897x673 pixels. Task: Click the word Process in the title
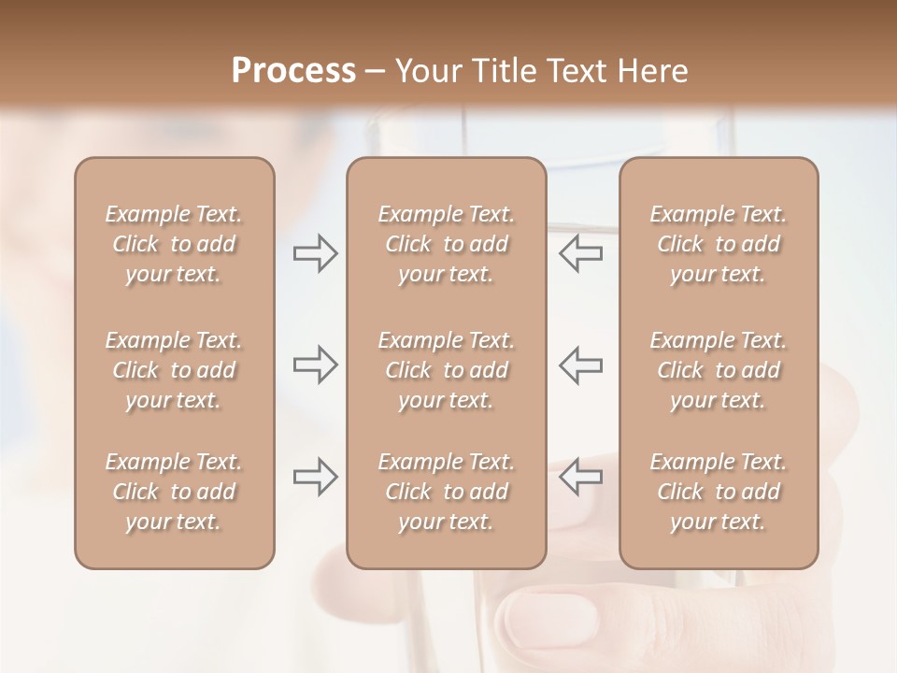[x=293, y=71]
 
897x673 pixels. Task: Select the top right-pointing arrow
[x=315, y=253]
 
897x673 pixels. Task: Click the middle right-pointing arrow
[x=315, y=364]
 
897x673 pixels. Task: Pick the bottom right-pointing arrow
[x=315, y=477]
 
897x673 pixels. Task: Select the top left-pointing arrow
[x=581, y=253]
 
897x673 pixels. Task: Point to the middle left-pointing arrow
[x=581, y=364]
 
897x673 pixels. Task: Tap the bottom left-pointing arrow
[x=581, y=477]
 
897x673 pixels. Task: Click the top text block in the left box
[x=174, y=244]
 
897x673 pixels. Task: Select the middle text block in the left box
[x=174, y=370]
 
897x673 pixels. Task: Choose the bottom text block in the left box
[x=174, y=492]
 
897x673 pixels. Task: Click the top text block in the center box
[x=446, y=244]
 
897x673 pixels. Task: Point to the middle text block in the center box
[x=446, y=370]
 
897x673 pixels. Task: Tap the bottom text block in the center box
[x=446, y=492]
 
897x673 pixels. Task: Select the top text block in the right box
[x=718, y=244]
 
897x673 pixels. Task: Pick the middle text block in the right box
[x=718, y=370]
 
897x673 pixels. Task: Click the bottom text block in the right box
[x=718, y=492]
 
